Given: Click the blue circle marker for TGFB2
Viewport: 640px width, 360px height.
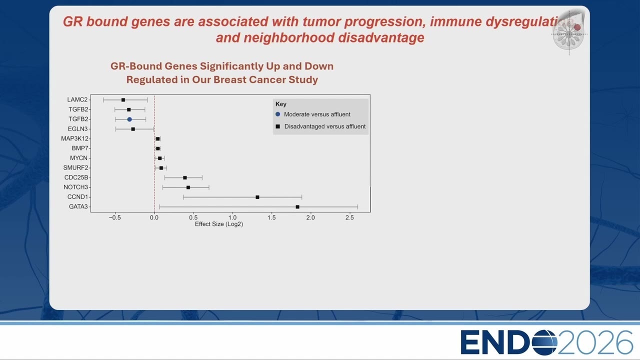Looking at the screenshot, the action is [x=129, y=119].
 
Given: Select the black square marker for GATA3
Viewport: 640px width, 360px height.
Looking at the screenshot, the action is [x=297, y=207].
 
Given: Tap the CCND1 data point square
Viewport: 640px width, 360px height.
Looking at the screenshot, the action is [x=257, y=197].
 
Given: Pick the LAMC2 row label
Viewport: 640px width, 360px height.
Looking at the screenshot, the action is [x=77, y=99].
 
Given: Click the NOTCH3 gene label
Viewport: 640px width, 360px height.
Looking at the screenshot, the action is [x=75, y=187].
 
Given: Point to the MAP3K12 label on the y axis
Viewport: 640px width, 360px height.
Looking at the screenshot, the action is [x=74, y=138].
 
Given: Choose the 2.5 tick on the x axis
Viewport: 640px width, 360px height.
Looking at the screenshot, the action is [x=349, y=217].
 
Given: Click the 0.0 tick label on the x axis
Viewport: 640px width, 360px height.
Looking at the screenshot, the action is [x=154, y=217].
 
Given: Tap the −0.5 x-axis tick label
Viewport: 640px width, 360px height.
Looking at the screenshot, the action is [x=115, y=217].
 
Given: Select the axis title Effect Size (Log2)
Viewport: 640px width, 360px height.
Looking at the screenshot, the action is [x=219, y=224].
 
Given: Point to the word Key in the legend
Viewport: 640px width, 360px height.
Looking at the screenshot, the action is [x=281, y=104].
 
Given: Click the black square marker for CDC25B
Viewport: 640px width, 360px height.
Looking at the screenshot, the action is [x=185, y=177].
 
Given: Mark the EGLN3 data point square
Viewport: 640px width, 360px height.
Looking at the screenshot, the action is [x=133, y=129].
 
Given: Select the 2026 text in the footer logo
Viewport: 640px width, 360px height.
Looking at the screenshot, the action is [x=595, y=342].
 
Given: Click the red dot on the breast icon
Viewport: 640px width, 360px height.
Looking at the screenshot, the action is [x=577, y=27].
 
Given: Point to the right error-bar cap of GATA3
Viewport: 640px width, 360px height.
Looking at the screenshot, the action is [x=357, y=207].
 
